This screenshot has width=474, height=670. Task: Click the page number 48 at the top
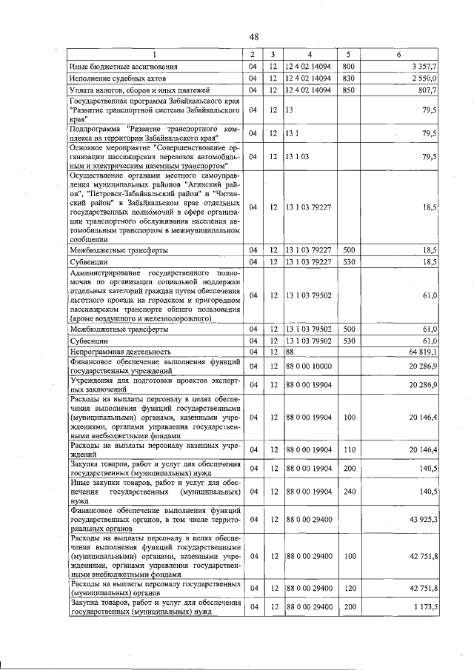tap(254, 36)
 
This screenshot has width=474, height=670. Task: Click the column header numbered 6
tap(398, 54)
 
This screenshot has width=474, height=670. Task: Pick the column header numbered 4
tap(310, 54)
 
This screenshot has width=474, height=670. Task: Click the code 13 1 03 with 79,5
tap(296, 156)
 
